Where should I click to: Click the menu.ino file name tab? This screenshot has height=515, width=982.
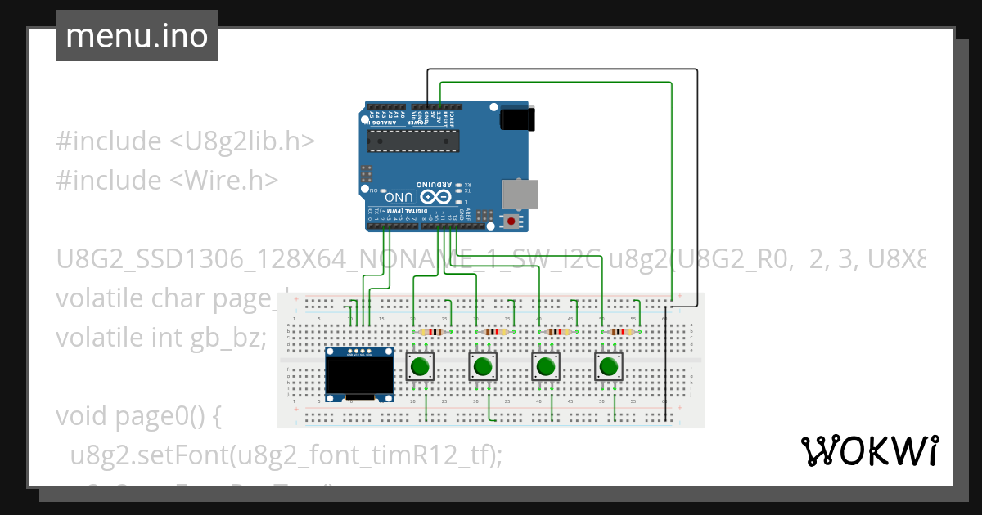coord(137,37)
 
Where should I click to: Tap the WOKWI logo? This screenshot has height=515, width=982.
coord(869,450)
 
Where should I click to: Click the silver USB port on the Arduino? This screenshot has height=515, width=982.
coord(520,194)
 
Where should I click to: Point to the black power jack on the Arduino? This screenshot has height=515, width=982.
coord(517,119)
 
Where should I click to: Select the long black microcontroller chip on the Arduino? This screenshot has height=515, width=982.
coord(411,141)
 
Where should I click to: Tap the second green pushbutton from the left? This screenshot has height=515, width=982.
coord(483,366)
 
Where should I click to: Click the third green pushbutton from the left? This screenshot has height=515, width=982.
coord(546,366)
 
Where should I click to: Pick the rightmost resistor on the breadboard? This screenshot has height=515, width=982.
coord(622,332)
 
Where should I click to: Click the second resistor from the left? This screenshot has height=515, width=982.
coord(495,332)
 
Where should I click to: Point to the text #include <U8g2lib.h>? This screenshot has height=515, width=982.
coord(185,141)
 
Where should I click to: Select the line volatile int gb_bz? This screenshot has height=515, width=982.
coord(161,337)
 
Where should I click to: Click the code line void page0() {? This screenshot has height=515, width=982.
coord(139,416)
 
